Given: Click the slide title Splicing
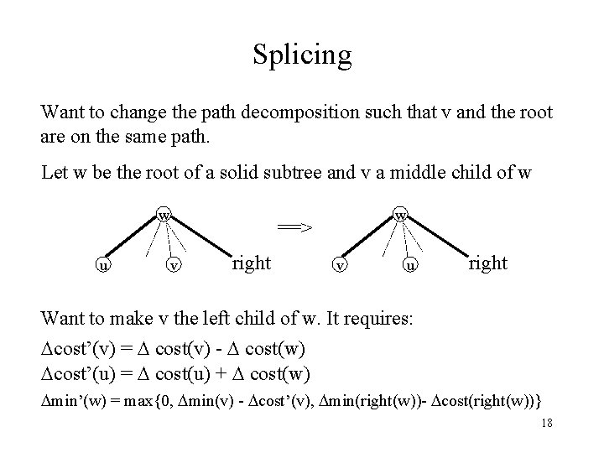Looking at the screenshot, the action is click(301, 55).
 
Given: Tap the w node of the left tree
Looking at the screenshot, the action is click(165, 216).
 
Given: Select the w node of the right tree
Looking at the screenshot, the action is click(402, 216).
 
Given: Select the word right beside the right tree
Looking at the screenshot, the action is click(487, 263).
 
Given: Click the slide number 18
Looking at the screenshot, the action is click(546, 423).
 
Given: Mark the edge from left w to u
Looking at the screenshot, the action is click(132, 239).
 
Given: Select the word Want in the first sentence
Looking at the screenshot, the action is click(62, 112).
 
